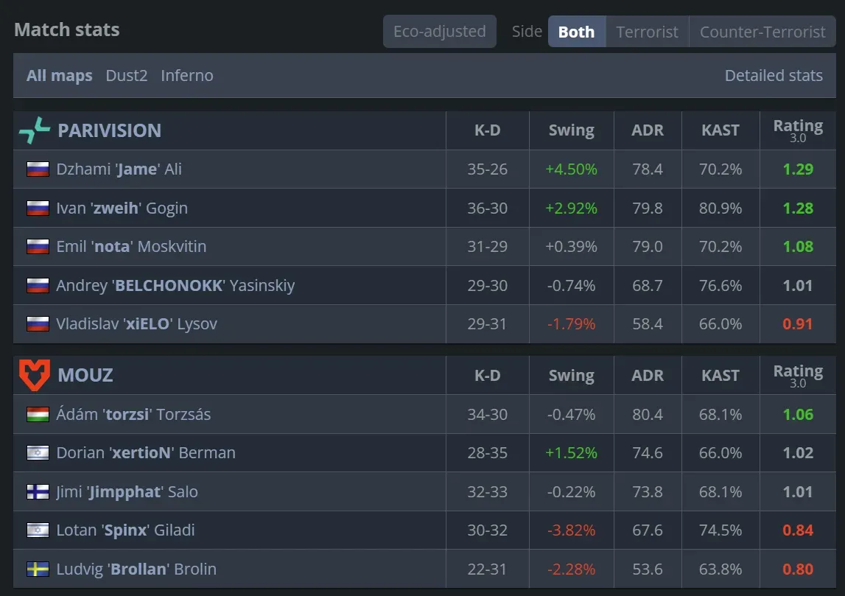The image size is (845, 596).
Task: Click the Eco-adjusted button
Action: coord(439,32)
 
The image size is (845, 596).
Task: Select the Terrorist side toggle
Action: coord(647,32)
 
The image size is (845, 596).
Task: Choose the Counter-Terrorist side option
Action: coord(762,32)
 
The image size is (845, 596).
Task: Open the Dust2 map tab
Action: coord(127,75)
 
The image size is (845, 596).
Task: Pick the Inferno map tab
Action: coord(187,75)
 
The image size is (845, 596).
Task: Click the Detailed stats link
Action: coord(774,75)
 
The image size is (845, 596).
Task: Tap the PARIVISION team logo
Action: coord(35,130)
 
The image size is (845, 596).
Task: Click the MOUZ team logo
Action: coord(34,375)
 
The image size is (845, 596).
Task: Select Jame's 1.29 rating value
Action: coord(798,169)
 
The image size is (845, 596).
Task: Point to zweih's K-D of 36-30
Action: coord(487,208)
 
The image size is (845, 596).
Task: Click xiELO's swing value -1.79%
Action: coord(571,324)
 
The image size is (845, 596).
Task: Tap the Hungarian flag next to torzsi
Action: coord(38,414)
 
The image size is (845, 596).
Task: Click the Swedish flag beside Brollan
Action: coord(38,569)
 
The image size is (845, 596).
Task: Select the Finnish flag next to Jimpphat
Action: coord(38,491)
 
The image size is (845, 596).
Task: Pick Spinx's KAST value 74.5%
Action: coord(720,530)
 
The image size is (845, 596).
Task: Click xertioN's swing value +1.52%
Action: coord(571,453)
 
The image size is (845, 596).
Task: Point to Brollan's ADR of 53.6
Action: coord(647,569)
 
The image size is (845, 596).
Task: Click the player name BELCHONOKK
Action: coord(169,286)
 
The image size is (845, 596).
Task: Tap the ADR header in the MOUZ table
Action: coord(647,375)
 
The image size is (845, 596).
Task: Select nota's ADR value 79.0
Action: coord(647,247)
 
